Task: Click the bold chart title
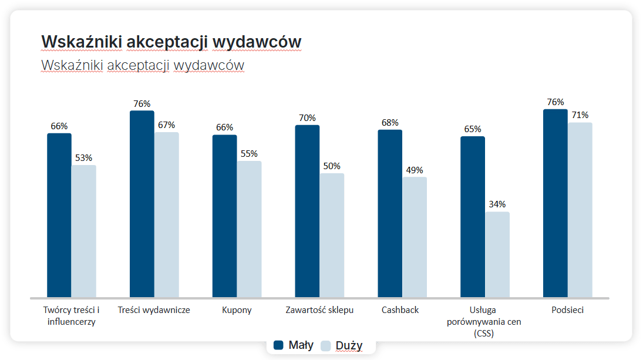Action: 171,42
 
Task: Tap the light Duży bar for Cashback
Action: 415,237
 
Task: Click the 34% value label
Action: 497,204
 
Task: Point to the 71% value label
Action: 580,115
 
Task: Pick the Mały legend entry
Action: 294,345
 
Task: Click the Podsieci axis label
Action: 567,310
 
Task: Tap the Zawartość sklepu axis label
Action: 319,310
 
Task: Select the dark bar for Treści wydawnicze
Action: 142,204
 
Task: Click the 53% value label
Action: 84,157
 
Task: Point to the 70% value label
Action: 307,117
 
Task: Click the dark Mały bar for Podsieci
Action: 556,203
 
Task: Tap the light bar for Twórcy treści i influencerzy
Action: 84,231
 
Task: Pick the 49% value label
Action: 415,170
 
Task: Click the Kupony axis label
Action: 237,310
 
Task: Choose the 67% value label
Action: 167,125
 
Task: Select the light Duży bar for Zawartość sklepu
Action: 332,235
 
